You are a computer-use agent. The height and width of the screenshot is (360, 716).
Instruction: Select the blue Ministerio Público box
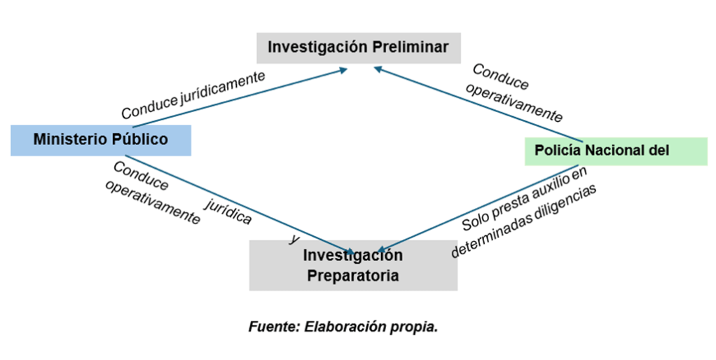point(101,140)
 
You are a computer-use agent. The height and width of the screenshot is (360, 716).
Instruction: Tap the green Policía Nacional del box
point(616,150)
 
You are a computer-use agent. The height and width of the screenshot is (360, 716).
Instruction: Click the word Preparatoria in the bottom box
point(353,275)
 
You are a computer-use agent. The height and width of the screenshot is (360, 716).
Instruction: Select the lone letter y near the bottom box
point(294,239)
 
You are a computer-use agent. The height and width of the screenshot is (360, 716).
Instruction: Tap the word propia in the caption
point(416,327)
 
